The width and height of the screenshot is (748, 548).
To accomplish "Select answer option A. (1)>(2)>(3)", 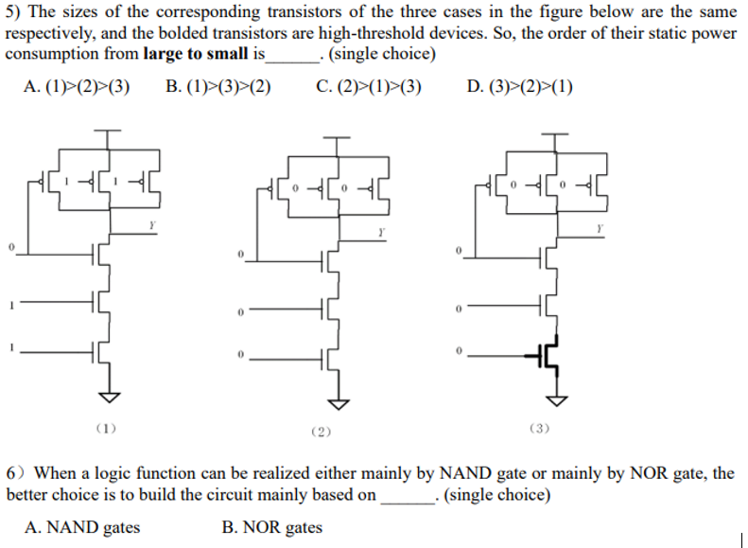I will [x=77, y=87].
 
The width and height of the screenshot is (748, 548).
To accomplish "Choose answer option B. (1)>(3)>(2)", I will [x=218, y=87].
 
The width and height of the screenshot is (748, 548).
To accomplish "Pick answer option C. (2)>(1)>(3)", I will [x=369, y=87].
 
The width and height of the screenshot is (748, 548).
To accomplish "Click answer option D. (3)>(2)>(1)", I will [x=519, y=87].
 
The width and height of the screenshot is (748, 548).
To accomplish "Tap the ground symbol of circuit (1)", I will [x=108, y=395].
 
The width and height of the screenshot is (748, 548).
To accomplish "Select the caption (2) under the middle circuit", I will [x=322, y=432].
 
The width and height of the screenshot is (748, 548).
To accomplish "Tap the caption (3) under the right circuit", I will [x=539, y=429].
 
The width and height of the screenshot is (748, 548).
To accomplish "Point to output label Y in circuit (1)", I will [x=149, y=224].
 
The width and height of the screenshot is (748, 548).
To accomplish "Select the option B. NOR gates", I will [x=272, y=527].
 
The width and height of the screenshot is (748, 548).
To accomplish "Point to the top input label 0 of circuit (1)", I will [x=10, y=247].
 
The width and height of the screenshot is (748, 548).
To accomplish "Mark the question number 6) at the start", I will [x=16, y=473].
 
